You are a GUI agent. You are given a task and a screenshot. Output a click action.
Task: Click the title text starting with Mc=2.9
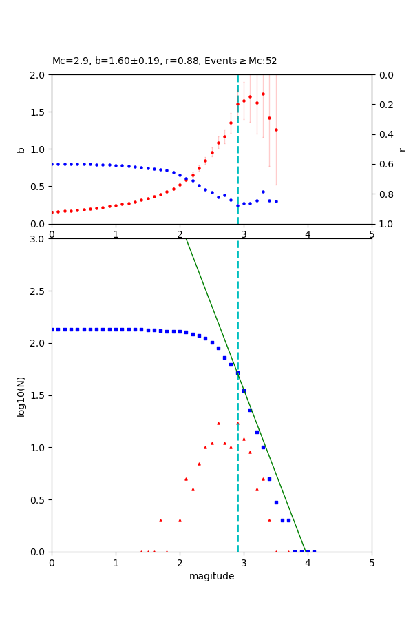tap(165, 61)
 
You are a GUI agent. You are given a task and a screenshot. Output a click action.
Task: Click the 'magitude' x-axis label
tap(211, 576)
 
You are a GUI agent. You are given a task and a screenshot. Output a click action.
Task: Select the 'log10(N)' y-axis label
tap(21, 395)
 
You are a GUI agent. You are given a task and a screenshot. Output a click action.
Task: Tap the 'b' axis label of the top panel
tap(21, 149)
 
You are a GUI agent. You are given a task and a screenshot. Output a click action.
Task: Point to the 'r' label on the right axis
tap(402, 149)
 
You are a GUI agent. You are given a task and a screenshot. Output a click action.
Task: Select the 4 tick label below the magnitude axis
tap(308, 564)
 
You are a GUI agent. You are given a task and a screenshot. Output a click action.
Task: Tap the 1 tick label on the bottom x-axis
tap(116, 564)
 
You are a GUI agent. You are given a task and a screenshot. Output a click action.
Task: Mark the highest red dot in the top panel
tap(263, 94)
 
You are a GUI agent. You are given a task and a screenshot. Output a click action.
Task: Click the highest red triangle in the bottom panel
tap(218, 423)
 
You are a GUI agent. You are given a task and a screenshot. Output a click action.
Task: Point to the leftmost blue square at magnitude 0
tap(52, 329)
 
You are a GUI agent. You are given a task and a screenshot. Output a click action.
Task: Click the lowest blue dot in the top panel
tap(237, 205)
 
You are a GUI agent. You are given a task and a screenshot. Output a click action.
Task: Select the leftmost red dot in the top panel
tap(52, 212)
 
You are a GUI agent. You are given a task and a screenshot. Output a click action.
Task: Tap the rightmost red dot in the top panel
tap(276, 130)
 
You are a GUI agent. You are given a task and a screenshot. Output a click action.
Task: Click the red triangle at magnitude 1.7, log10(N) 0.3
tap(160, 520)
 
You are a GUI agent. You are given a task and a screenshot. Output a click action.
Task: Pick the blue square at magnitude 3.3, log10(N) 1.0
tap(263, 447)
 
